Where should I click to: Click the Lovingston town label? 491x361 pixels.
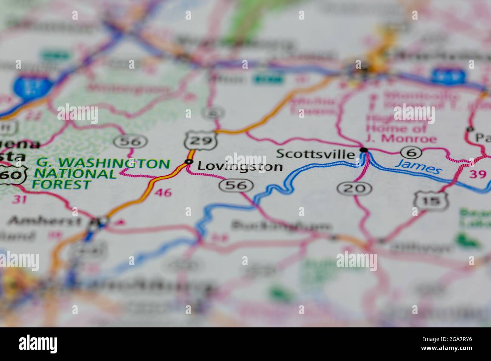[x=240, y=167]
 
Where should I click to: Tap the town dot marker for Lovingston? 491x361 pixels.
[x=188, y=162]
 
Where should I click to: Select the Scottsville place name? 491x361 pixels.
[x=316, y=154]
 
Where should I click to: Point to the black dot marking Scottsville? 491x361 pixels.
[x=364, y=150]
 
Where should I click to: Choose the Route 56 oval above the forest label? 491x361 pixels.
[x=131, y=142]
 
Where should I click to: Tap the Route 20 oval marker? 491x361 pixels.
[x=354, y=188]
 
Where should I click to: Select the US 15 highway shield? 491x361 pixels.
[x=431, y=201]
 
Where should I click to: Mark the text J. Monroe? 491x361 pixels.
[x=409, y=139]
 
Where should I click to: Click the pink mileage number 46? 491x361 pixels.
[x=163, y=193]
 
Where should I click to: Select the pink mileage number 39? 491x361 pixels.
[x=478, y=174]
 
